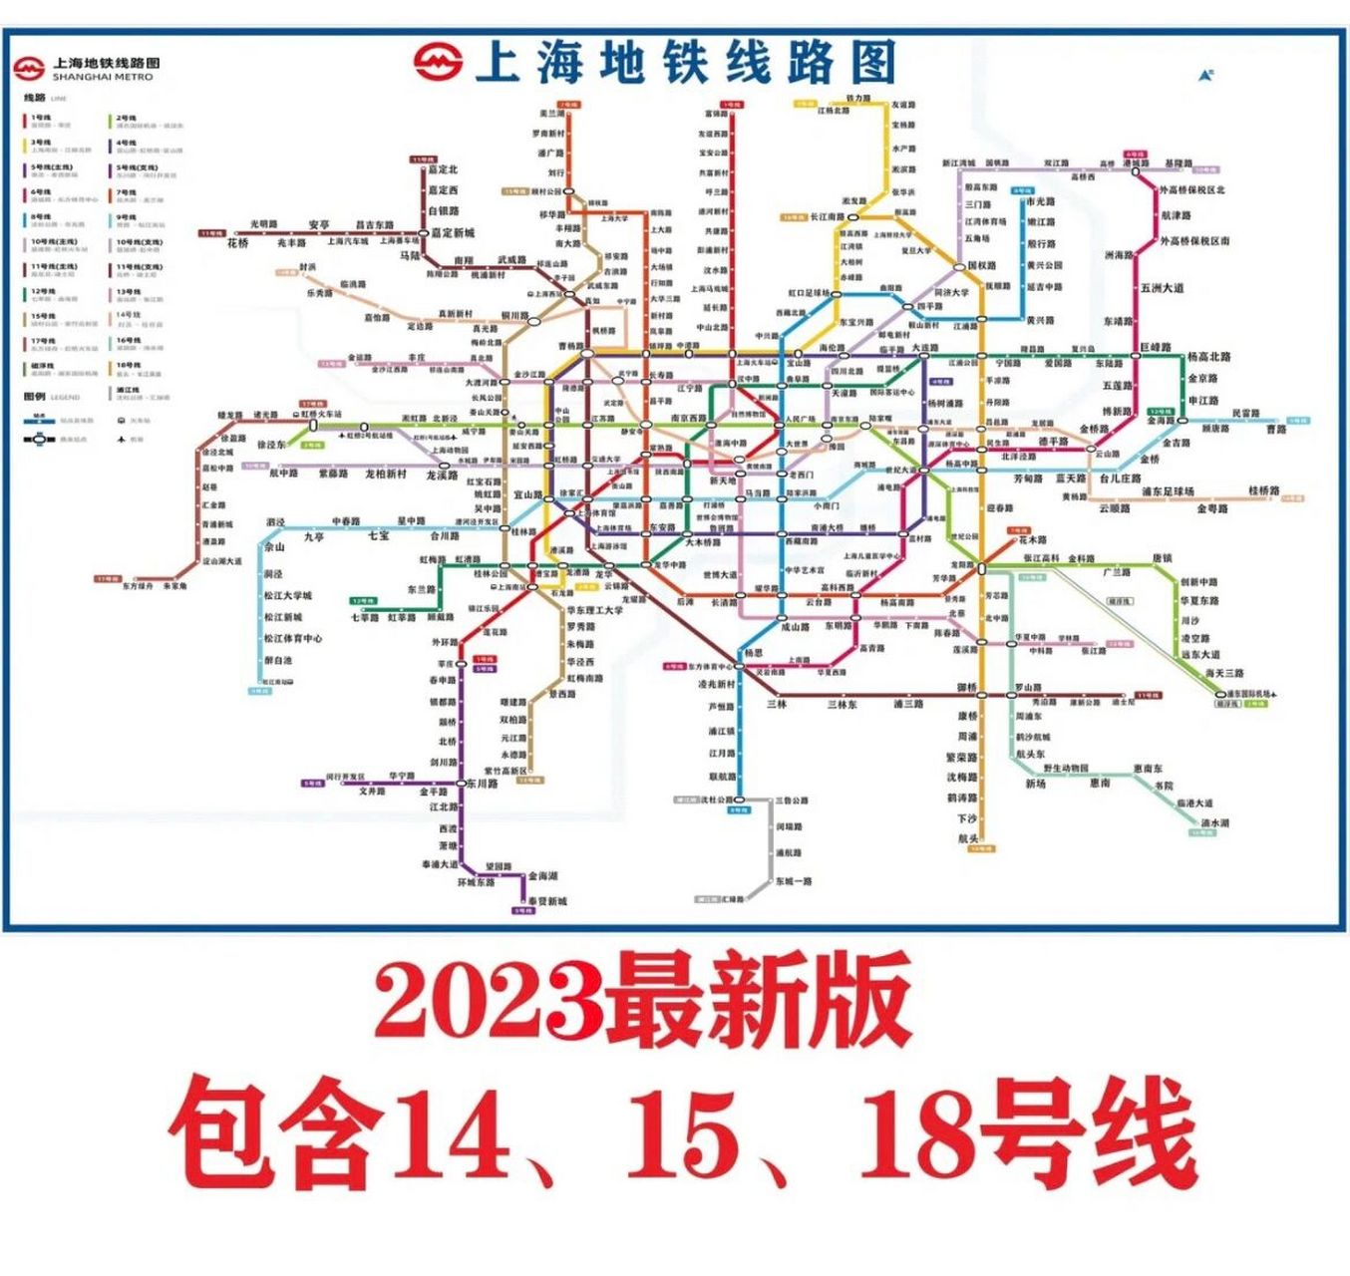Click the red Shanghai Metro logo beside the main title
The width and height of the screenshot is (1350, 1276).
[x=439, y=62]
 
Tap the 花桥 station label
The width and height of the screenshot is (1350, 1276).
[x=237, y=243]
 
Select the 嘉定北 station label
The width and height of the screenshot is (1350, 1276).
[x=443, y=169]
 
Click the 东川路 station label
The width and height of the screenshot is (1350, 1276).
[x=482, y=785]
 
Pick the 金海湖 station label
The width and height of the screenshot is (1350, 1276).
[x=543, y=876]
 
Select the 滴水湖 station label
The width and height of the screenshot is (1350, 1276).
[x=1215, y=823]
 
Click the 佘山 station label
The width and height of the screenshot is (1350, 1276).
[x=274, y=547]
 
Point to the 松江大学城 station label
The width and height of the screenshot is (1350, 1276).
[x=288, y=596]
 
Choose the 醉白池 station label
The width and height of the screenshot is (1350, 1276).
[x=278, y=660]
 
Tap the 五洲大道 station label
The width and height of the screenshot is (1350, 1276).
[x=1163, y=288]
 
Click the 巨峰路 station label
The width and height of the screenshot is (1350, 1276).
[x=1155, y=348]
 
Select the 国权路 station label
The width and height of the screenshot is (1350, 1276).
[x=982, y=266]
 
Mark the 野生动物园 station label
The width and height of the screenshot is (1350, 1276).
[x=1066, y=769]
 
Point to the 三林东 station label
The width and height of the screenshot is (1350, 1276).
[x=842, y=705]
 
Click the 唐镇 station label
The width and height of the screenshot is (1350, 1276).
[x=1162, y=559]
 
